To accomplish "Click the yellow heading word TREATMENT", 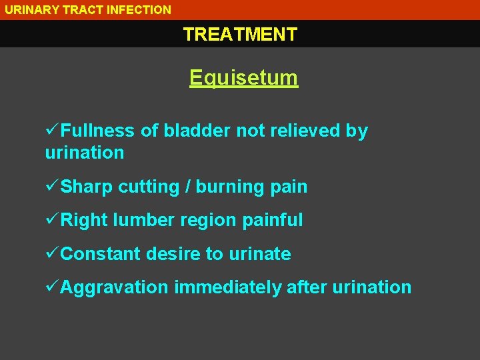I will pyautogui.click(x=240, y=34).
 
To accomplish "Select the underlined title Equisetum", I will pyautogui.click(x=243, y=78).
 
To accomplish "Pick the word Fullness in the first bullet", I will pyautogui.click(x=98, y=131).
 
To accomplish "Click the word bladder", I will pyautogui.click(x=198, y=131).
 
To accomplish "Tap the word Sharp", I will pyautogui.click(x=87, y=187).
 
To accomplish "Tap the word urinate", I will pyautogui.click(x=260, y=254).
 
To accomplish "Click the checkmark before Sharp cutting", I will pyautogui.click(x=52, y=187).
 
